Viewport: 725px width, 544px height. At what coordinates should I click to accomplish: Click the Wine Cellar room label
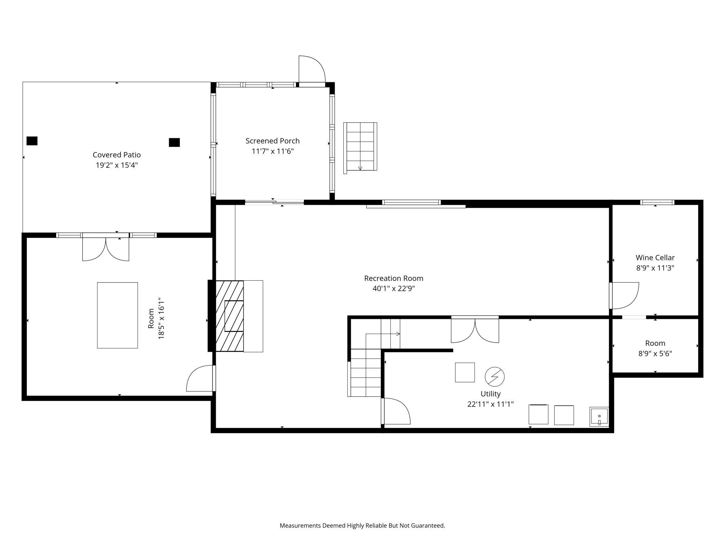click(x=655, y=258)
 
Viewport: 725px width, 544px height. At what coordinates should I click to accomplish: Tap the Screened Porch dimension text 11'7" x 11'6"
click(x=273, y=151)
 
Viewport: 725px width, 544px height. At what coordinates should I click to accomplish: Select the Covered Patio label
click(x=117, y=155)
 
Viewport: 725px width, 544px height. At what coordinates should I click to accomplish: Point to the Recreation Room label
click(x=394, y=278)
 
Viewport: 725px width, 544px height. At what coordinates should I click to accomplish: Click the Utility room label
click(x=490, y=394)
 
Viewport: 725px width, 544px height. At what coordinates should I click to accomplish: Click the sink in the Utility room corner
click(x=599, y=417)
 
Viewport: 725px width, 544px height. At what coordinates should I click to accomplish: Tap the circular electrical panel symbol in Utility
click(x=495, y=377)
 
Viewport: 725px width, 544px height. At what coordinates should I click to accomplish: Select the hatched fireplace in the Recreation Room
click(x=230, y=316)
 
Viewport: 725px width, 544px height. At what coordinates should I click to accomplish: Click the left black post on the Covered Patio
click(x=32, y=141)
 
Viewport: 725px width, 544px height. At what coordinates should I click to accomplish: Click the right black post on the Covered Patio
click(x=174, y=142)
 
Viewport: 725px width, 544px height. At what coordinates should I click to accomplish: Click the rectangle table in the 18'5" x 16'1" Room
click(x=117, y=315)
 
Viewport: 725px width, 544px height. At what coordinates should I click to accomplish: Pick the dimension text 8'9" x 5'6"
click(x=655, y=354)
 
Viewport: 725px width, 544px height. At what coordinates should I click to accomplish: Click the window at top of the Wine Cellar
click(x=657, y=202)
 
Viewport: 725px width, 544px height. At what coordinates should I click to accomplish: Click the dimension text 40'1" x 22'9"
click(x=394, y=289)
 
